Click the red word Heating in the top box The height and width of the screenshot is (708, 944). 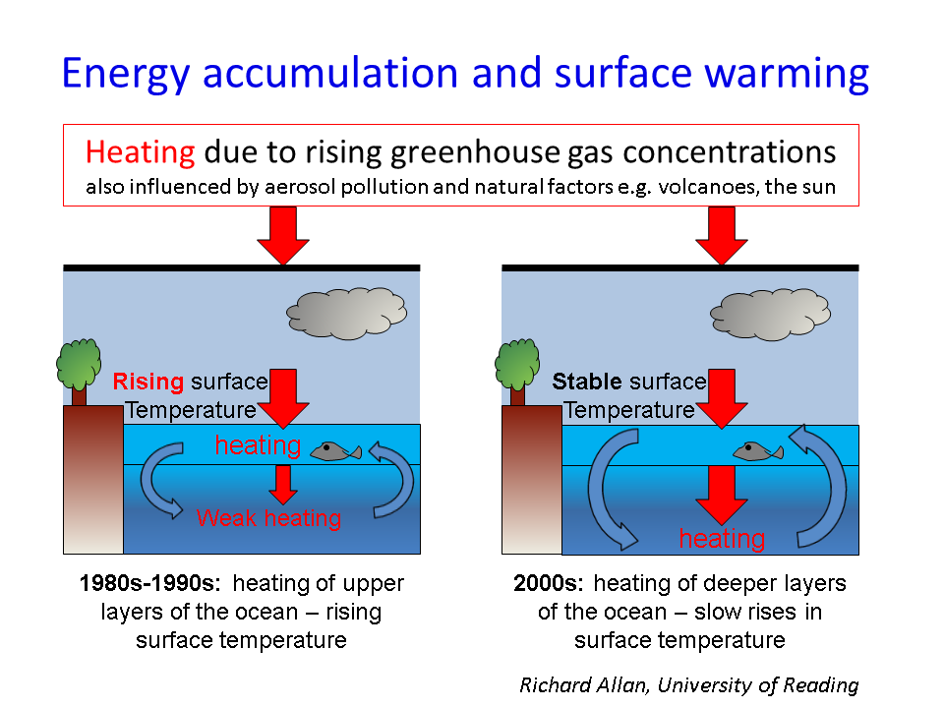click(x=140, y=152)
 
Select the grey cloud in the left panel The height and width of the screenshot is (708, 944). click(x=347, y=313)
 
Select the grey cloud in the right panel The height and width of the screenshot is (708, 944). click(x=771, y=315)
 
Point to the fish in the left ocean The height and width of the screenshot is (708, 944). click(x=336, y=451)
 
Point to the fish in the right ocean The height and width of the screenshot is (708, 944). click(x=758, y=451)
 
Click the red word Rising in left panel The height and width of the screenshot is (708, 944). click(x=148, y=382)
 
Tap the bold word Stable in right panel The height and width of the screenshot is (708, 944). click(x=587, y=382)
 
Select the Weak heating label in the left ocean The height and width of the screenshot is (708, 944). click(x=268, y=518)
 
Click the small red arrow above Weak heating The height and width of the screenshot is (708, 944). click(x=283, y=485)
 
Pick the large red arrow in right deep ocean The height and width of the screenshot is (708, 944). click(x=721, y=495)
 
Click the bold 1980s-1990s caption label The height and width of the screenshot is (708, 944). click(x=149, y=583)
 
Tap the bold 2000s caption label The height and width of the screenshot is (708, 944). click(x=549, y=583)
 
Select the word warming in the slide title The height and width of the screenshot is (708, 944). click(x=787, y=75)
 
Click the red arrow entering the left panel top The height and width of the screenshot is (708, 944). click(x=283, y=235)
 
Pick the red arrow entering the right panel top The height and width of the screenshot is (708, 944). click(x=721, y=235)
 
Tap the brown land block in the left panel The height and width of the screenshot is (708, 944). click(x=93, y=479)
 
